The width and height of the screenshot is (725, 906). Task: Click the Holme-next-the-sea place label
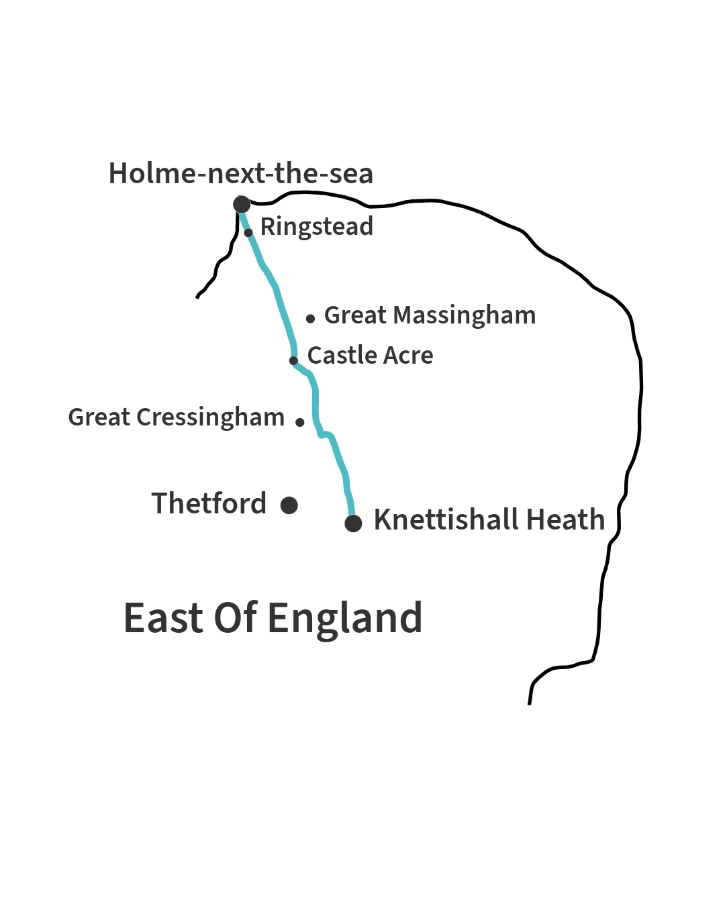click(240, 174)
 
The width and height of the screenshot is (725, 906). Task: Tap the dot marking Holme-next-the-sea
click(242, 204)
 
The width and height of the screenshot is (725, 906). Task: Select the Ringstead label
click(316, 227)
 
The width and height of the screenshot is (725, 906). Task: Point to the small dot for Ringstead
click(248, 233)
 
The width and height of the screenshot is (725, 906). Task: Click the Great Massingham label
click(430, 315)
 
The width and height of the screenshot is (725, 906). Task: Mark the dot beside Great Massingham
click(310, 319)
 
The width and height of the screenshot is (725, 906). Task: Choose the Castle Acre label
click(370, 356)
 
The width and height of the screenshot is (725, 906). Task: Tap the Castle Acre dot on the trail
click(293, 360)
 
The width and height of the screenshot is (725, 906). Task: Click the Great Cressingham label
click(177, 417)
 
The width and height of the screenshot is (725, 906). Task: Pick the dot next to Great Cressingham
click(300, 422)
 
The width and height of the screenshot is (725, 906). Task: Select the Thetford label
click(209, 503)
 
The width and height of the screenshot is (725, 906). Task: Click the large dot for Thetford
click(289, 505)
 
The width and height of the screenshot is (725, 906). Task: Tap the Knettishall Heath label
click(489, 520)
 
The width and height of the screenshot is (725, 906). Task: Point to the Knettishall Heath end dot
click(353, 523)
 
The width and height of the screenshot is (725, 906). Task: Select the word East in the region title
click(163, 618)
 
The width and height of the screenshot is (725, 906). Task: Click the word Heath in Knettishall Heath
click(566, 520)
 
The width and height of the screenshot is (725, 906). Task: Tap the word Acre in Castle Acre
click(408, 356)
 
